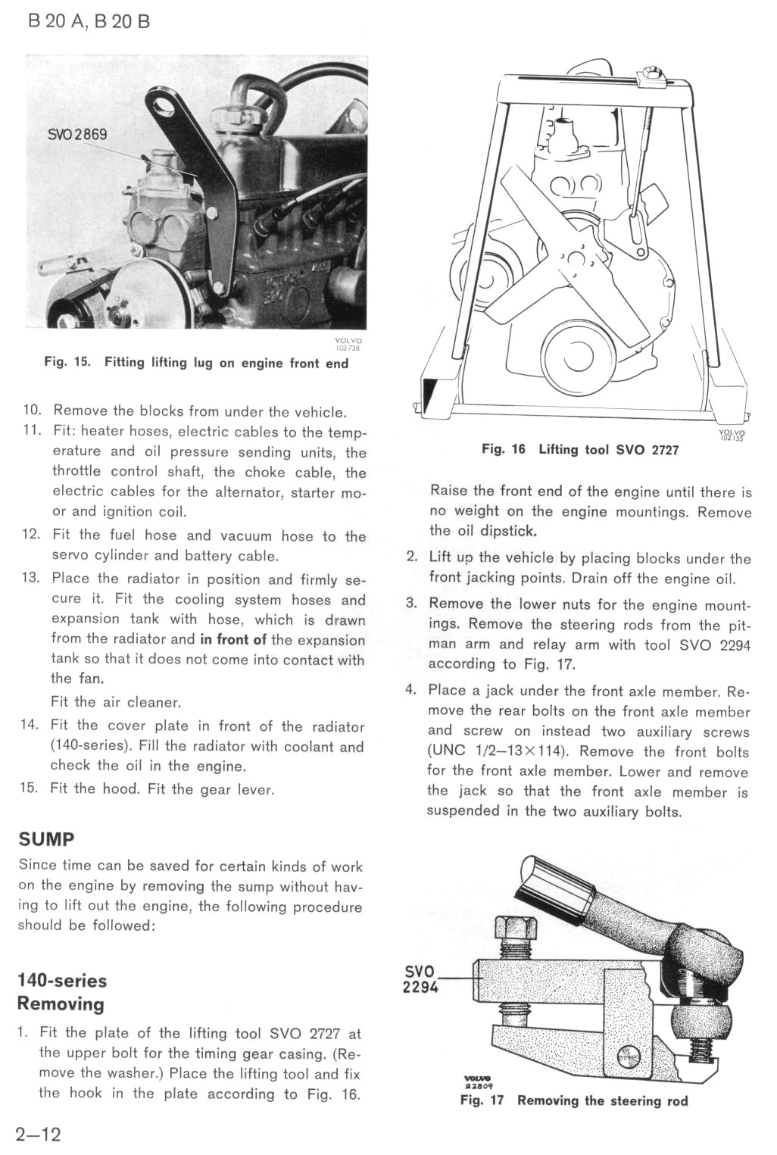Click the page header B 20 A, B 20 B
coord(89,21)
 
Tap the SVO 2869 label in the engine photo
coord(77,135)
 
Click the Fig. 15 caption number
coord(67,363)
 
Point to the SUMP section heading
coord(46,839)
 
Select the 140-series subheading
coord(62,981)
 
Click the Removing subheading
coord(61,1004)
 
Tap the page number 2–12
coord(38,1134)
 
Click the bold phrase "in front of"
coord(233,639)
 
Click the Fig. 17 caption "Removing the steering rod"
coord(602,1100)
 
